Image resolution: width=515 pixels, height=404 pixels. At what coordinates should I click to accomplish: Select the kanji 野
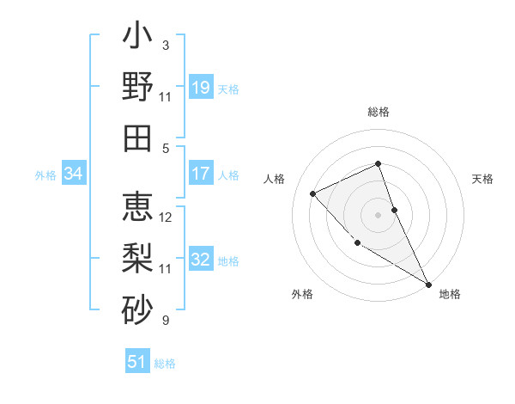point(137,87)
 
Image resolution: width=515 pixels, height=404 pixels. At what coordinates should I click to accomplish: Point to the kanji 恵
point(137,208)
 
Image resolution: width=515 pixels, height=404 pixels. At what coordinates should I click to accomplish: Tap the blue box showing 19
point(201,87)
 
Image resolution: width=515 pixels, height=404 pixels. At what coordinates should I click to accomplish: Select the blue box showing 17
point(201,174)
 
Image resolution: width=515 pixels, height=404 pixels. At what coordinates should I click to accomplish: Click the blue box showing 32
point(201,260)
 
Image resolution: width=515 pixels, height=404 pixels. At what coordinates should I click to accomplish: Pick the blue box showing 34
point(73,174)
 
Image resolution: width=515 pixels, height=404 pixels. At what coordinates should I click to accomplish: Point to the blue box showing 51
point(137,362)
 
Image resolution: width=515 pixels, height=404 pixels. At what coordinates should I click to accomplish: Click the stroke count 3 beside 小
point(165,45)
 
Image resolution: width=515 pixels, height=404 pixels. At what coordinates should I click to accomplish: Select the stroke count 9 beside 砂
point(165,321)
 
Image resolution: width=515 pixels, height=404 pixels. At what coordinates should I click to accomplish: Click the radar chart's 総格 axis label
point(379,112)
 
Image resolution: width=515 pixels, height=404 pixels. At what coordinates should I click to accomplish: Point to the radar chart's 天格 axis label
point(483,179)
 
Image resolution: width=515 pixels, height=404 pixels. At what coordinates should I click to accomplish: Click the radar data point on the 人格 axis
point(313,193)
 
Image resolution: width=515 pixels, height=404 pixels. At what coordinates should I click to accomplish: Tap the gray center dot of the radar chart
point(378,214)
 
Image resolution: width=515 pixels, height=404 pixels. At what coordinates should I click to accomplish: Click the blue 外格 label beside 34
point(45,174)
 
